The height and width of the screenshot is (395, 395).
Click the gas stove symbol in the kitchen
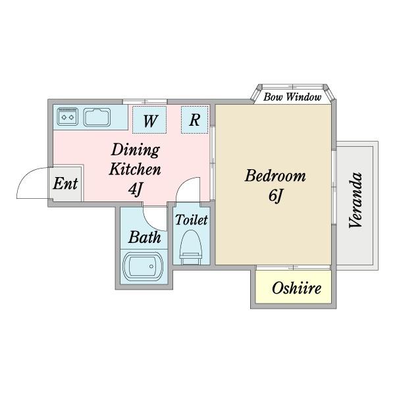[67, 117]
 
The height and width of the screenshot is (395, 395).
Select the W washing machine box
[150, 120]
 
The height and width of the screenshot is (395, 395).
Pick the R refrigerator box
[195, 120]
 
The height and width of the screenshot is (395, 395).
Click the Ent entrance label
[65, 183]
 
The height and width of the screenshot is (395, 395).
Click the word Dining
[134, 149]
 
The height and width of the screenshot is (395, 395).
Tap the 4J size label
[136, 190]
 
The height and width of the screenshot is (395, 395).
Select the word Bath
[144, 237]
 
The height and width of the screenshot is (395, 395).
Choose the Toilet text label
[192, 220]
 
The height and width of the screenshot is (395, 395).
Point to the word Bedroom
[275, 176]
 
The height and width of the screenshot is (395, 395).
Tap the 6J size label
[275, 196]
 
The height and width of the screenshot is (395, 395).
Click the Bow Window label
[292, 97]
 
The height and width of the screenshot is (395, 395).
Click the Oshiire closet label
[296, 288]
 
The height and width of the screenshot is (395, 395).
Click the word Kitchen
[134, 169]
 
